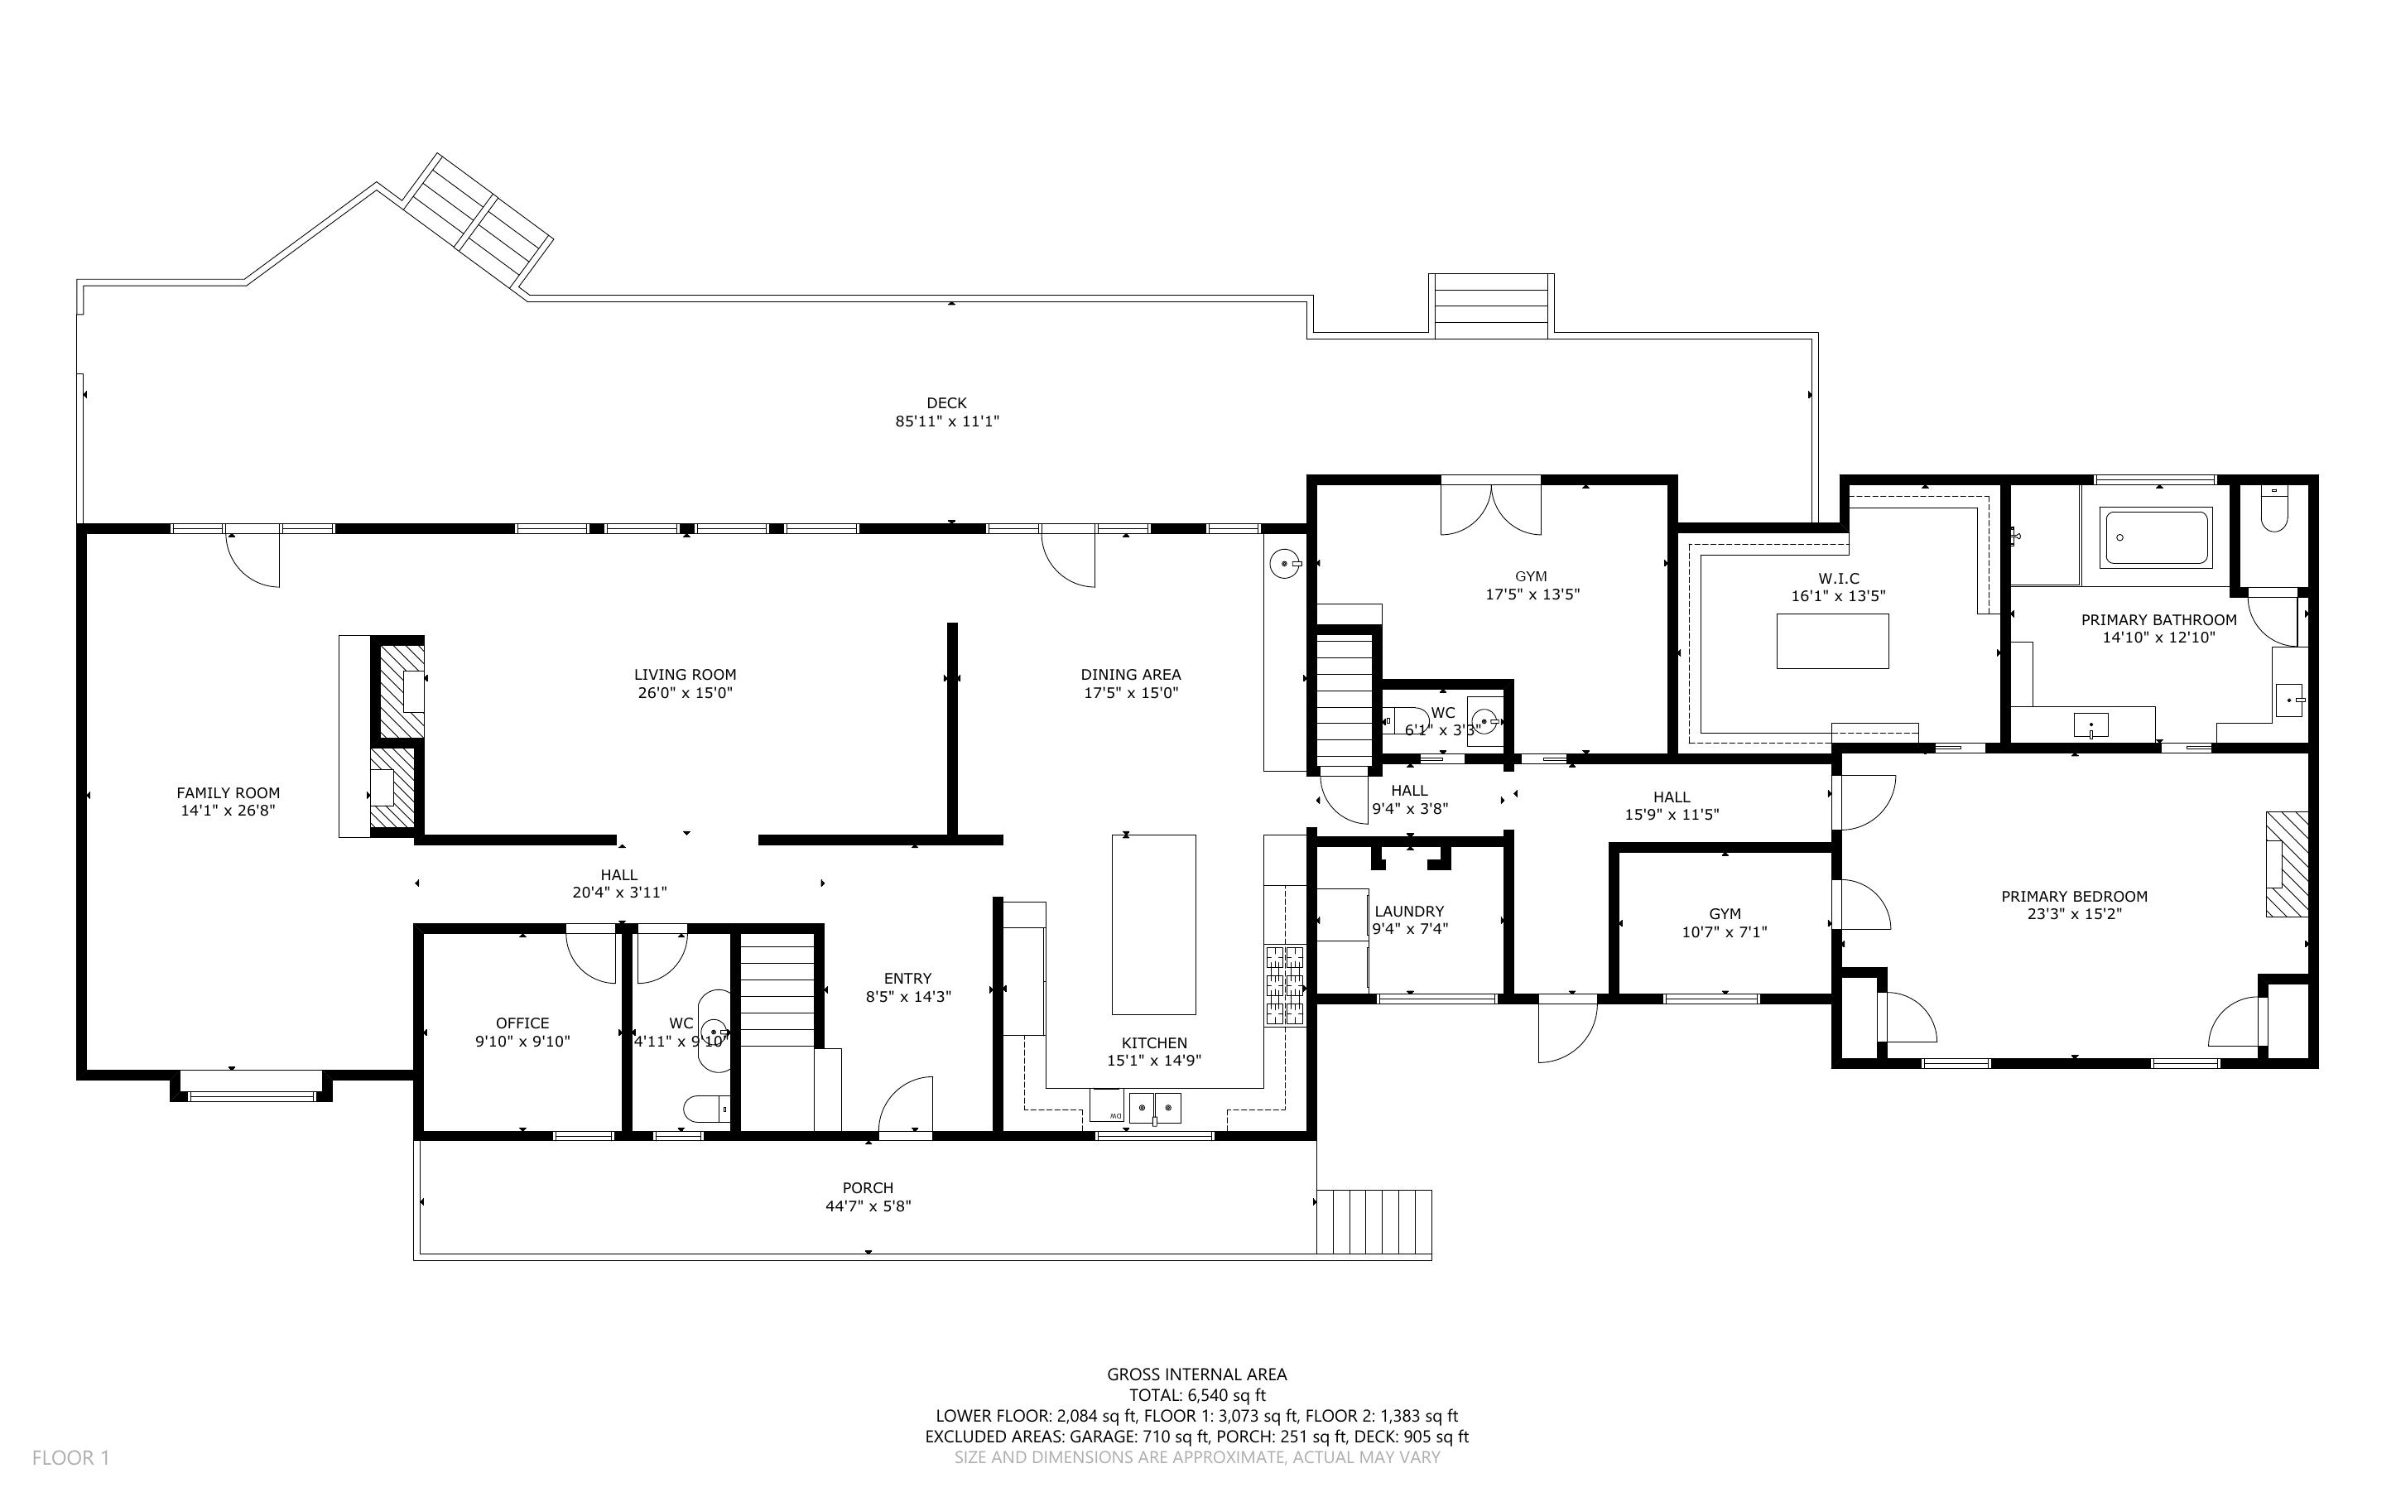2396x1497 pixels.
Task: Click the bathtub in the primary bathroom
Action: click(x=2157, y=537)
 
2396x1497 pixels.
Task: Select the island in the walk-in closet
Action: click(x=1832, y=641)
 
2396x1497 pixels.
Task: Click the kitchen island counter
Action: click(x=1153, y=924)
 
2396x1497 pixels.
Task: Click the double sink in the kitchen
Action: click(x=1155, y=1107)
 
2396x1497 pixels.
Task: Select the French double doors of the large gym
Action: click(x=1490, y=506)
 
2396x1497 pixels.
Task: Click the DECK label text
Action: click(x=946, y=403)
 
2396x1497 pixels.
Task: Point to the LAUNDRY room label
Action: click(x=1409, y=911)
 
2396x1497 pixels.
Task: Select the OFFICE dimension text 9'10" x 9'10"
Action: click(x=522, y=1042)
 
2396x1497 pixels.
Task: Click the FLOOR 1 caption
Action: click(x=70, y=1457)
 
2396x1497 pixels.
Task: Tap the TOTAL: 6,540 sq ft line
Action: click(x=1196, y=1395)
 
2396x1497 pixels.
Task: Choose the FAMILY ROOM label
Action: click(x=228, y=792)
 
